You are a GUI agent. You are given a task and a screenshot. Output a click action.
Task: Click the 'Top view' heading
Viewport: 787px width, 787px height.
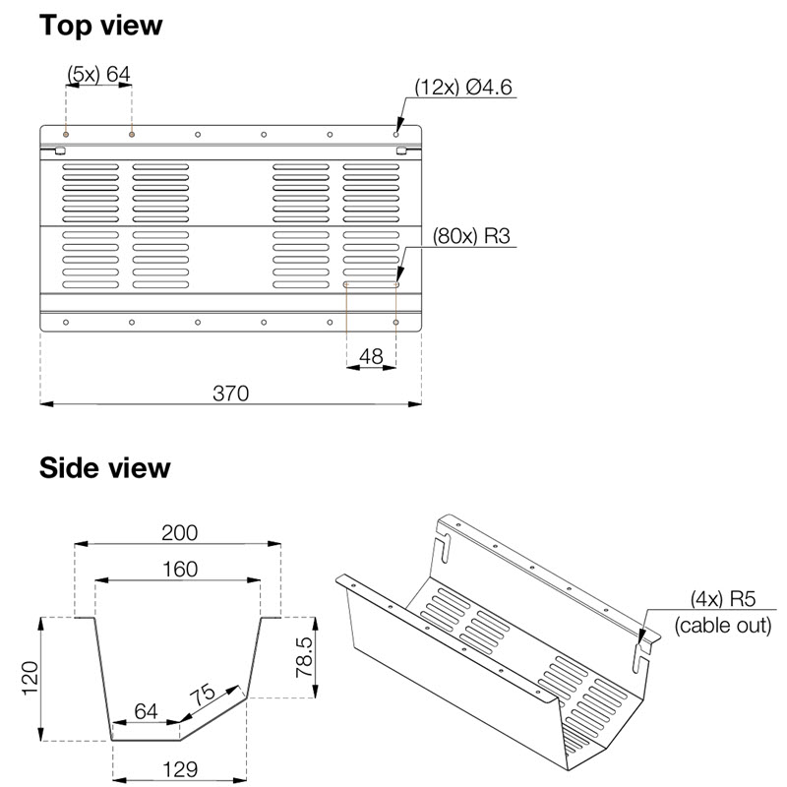(101, 26)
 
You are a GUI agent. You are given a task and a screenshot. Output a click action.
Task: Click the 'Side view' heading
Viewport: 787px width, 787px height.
(105, 468)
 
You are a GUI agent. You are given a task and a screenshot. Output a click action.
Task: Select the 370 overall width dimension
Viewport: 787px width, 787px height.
(230, 393)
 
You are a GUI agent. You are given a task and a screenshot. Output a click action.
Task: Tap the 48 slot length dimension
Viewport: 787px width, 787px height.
(371, 356)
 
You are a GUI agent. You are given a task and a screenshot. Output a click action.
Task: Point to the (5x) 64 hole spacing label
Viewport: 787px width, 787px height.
(99, 75)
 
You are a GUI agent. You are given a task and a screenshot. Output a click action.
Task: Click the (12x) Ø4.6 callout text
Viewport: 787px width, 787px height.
(462, 87)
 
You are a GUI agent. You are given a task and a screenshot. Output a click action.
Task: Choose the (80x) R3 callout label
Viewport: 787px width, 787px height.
(471, 236)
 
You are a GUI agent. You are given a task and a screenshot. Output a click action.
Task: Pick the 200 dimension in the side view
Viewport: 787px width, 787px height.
(180, 532)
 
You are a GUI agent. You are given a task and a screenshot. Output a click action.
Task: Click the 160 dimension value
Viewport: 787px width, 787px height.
(180, 570)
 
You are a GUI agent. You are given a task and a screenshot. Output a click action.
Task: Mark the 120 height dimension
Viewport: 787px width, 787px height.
(30, 678)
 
